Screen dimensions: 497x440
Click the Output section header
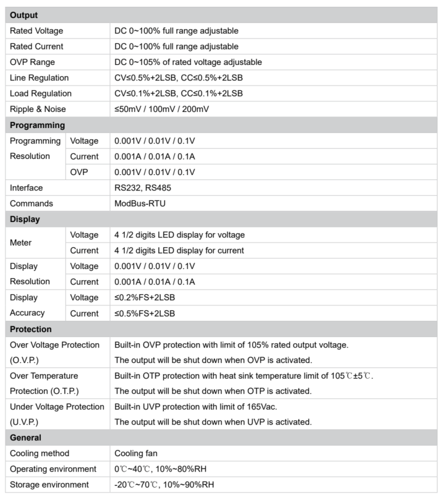[x=24, y=15]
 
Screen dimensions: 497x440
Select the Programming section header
[x=37, y=125]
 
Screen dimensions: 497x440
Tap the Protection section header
[x=31, y=329]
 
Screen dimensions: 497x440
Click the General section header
[x=26, y=438]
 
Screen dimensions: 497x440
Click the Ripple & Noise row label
[x=38, y=109]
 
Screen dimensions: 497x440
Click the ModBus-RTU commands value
[x=140, y=203]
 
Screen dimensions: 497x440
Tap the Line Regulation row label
[x=39, y=78]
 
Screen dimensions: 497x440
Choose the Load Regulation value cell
[x=179, y=93]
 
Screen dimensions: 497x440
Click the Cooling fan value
[x=136, y=454]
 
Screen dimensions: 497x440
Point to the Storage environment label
[x=49, y=485]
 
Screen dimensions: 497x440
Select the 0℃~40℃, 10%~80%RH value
[x=161, y=469]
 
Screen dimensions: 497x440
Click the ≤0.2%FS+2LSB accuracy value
[x=145, y=297]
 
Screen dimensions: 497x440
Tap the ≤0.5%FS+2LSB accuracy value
[x=145, y=313]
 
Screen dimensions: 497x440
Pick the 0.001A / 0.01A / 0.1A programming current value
[x=154, y=156]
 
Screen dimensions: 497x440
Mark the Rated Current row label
[x=36, y=46]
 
